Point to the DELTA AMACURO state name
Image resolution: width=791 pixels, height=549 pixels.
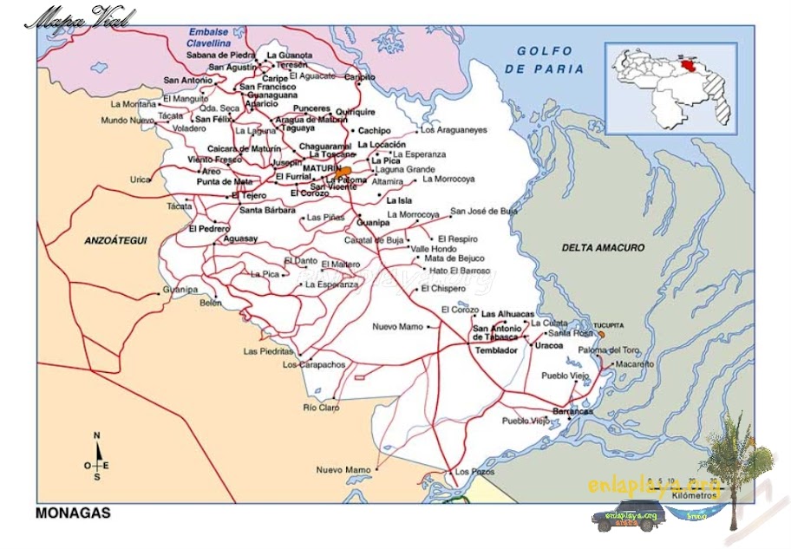point(603,248)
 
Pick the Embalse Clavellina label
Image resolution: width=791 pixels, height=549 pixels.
point(209,36)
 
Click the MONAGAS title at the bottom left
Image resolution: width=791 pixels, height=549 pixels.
point(73,513)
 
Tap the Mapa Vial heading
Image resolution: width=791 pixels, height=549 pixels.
point(79,18)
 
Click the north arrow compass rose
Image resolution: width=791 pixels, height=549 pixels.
point(97,458)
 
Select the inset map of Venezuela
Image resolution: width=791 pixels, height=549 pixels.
point(672,87)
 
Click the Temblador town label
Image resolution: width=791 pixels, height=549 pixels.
point(496,350)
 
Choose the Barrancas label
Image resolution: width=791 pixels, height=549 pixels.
point(572,411)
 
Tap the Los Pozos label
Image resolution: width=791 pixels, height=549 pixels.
point(474,472)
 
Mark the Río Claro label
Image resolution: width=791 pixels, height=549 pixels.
point(321,407)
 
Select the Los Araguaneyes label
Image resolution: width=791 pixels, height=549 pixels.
point(454,130)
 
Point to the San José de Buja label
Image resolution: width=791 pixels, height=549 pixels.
point(483,211)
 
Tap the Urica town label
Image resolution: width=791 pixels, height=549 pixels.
point(140,180)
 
